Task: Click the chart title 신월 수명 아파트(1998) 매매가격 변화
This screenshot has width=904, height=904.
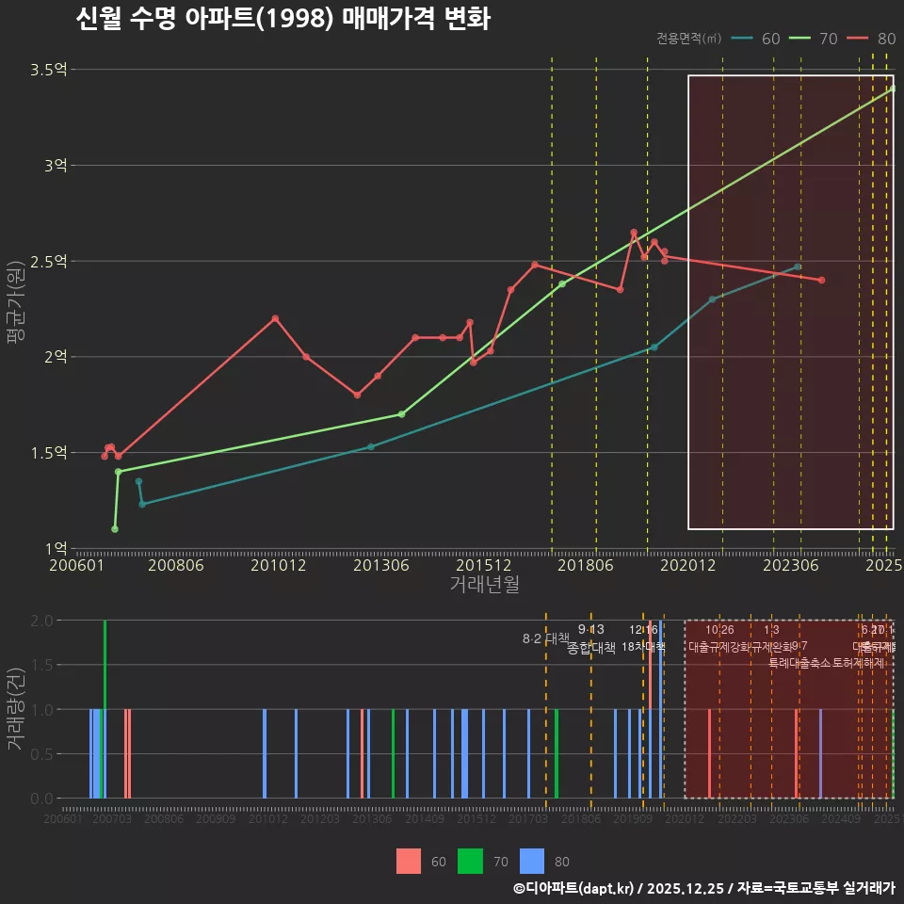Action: tap(282, 20)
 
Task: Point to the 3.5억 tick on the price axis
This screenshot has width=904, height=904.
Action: tap(48, 70)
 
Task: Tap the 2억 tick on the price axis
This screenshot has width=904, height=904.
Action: tap(54, 357)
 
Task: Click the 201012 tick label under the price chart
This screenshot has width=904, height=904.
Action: tap(276, 566)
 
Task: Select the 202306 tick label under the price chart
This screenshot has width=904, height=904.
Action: tap(789, 566)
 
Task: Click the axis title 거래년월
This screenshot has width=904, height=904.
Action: tap(484, 585)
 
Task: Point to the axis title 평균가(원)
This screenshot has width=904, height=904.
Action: tap(15, 311)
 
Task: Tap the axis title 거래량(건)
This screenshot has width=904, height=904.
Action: tap(15, 709)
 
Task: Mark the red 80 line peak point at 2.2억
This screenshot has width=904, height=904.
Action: tap(275, 318)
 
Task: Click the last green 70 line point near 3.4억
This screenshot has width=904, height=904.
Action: tap(893, 89)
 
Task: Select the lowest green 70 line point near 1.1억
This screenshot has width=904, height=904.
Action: tap(115, 529)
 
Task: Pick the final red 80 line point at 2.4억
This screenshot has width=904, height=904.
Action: tap(822, 281)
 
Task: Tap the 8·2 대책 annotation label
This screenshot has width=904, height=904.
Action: tap(540, 638)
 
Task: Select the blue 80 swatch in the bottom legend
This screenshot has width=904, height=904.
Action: tap(533, 861)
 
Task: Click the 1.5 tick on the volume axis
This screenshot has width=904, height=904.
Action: tap(41, 665)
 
